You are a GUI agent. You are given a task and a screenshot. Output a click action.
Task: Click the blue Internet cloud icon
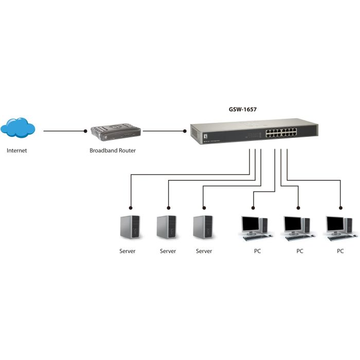pyautogui.click(x=18, y=129)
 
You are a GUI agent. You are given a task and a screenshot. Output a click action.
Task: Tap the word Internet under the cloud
pyautogui.click(x=16, y=151)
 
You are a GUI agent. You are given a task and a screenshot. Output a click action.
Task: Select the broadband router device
pyautogui.click(x=115, y=132)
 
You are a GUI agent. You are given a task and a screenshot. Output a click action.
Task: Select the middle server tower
pyautogui.click(x=166, y=227)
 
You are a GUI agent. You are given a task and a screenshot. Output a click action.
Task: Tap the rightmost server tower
pyautogui.click(x=203, y=227)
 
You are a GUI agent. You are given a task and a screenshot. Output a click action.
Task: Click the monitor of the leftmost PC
pyautogui.click(x=251, y=224)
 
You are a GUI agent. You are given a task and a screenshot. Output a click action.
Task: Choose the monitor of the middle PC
pyautogui.click(x=293, y=224)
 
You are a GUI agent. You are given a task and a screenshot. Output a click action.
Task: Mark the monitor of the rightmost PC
pyautogui.click(x=335, y=224)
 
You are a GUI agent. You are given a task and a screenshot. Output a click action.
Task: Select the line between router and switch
pyautogui.click(x=164, y=131)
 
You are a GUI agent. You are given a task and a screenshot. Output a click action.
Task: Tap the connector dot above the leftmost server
pyautogui.click(x=131, y=208)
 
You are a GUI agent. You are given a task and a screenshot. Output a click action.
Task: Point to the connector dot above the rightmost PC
pyautogui.click(x=340, y=208)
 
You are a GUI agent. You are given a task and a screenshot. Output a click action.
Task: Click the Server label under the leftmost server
pyautogui.click(x=127, y=251)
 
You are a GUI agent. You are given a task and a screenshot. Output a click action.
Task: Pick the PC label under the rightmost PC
pyautogui.click(x=340, y=251)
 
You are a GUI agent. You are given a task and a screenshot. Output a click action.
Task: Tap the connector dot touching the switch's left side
pyautogui.click(x=186, y=131)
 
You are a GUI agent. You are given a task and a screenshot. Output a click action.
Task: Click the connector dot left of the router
pyautogui.click(x=85, y=131)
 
